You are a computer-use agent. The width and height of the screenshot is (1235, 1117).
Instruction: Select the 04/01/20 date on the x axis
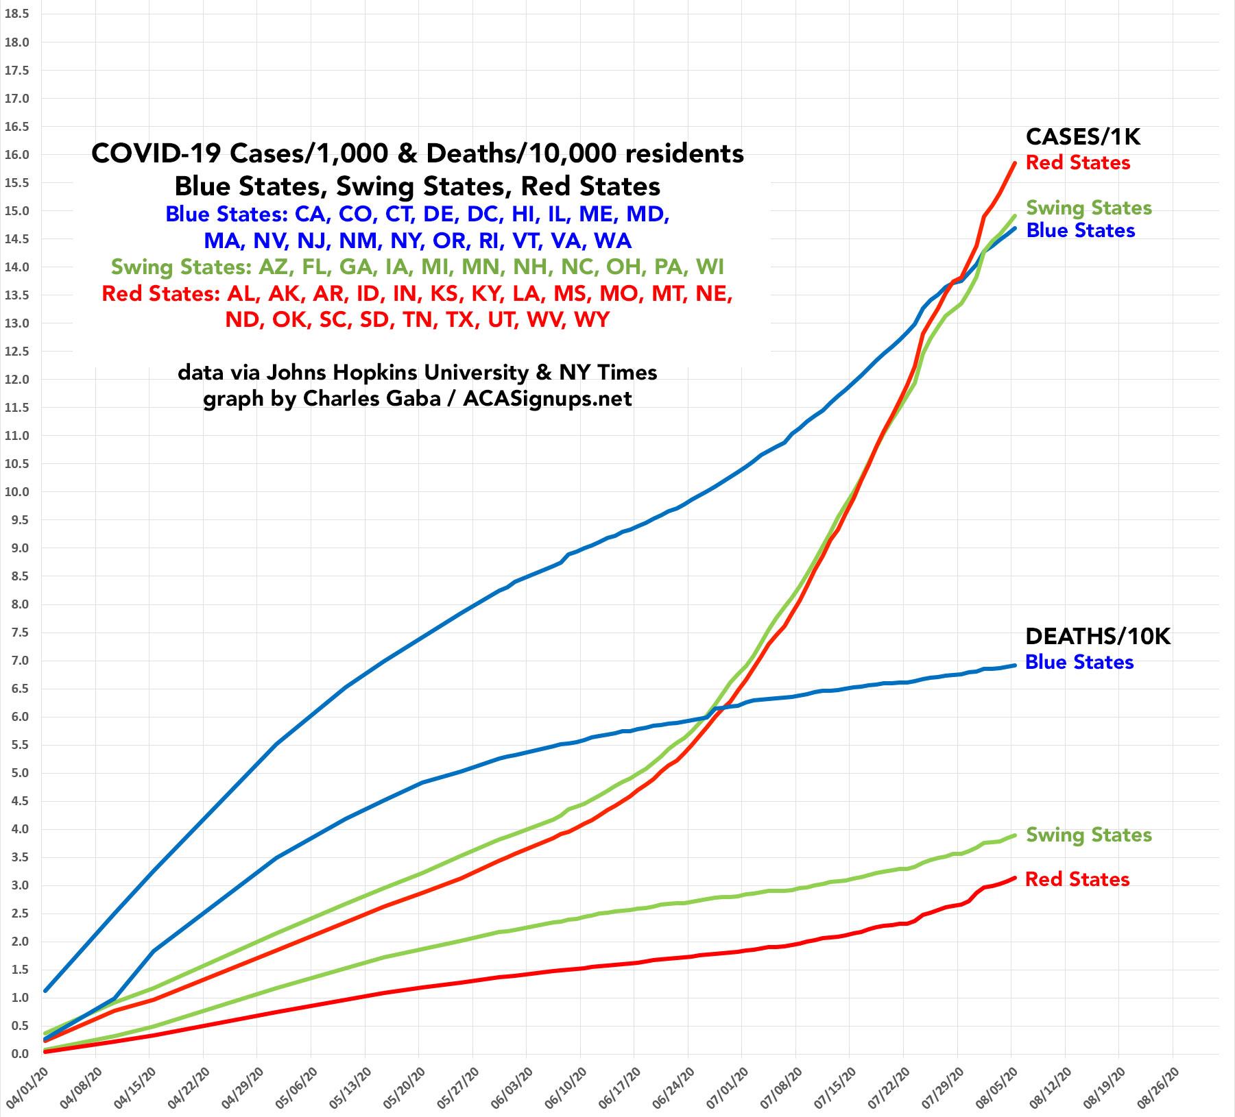coord(22,1087)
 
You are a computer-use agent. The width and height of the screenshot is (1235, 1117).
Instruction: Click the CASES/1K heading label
coord(1083,137)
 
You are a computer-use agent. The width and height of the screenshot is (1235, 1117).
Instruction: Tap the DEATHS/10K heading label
coord(1097,637)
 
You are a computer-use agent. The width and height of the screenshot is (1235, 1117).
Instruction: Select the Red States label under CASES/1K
coord(1078,163)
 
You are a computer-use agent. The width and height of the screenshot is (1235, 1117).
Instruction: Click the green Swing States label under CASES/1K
coord(1089,208)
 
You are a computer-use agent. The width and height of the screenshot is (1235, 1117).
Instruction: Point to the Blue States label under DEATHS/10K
coord(1079,663)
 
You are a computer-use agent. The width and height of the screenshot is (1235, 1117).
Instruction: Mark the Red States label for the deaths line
coord(1077,880)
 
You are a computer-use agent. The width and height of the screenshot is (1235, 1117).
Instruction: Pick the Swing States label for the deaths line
coord(1089,835)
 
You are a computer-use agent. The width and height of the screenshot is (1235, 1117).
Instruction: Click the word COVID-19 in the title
coord(156,154)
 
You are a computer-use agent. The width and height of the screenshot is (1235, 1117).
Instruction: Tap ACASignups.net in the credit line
coord(547,399)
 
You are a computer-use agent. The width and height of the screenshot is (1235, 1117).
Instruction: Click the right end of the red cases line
coord(1015,162)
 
